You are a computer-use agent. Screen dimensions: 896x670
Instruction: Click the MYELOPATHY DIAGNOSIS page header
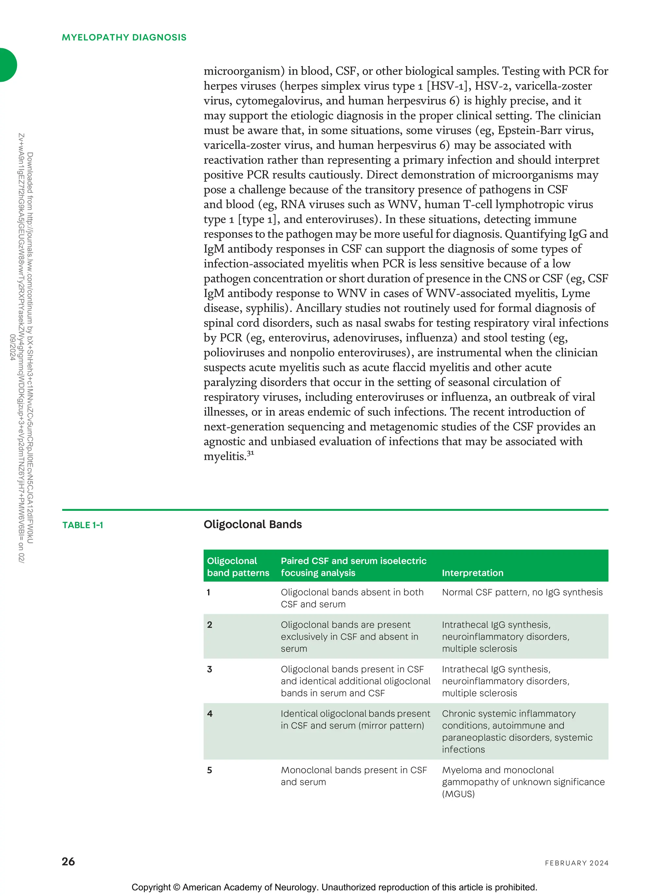coord(124,37)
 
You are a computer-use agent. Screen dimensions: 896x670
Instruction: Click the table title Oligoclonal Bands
coord(253,524)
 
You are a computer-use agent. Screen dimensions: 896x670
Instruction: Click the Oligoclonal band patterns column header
coord(238,566)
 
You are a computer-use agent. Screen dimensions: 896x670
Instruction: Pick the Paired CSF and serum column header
coord(353,566)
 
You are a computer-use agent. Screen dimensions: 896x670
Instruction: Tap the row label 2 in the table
coord(210,625)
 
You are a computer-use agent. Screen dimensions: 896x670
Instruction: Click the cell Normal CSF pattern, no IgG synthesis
coord(522,592)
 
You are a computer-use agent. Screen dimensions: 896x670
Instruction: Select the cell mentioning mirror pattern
coord(355,719)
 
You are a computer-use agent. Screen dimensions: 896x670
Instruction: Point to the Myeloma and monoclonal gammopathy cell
coord(522,782)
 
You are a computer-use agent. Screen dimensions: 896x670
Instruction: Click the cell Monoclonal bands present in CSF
coord(353,776)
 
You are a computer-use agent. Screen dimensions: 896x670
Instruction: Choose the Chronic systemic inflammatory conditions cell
coord(517,731)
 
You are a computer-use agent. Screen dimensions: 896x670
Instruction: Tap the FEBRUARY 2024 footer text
coord(576,863)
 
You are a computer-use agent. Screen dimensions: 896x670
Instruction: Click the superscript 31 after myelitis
coord(251,453)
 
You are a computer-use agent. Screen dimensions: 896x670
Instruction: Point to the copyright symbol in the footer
coord(176,887)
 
